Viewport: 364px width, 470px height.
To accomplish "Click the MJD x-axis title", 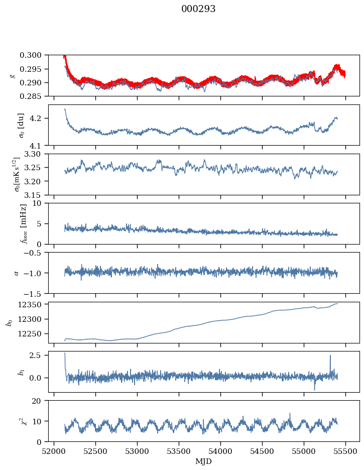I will (x=204, y=461).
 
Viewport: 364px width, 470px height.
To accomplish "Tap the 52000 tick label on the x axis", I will (x=54, y=451).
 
